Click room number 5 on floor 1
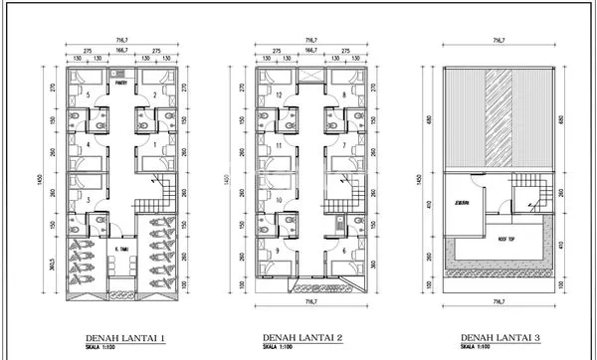point(89,96)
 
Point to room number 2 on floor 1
point(155,96)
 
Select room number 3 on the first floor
point(89,201)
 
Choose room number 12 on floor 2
point(281,96)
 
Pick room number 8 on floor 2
point(344,96)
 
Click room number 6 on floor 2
point(344,251)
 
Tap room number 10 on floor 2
point(281,201)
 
